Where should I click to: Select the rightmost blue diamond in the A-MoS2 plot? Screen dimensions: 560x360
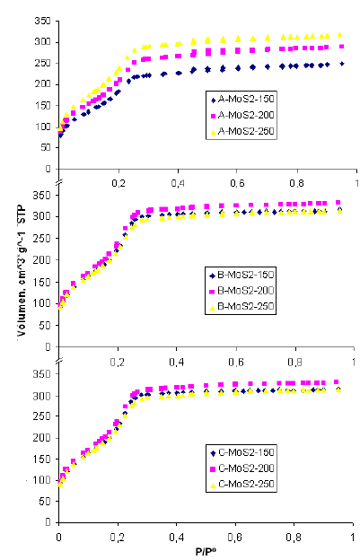(341, 64)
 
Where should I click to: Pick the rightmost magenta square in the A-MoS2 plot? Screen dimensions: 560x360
(340, 46)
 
